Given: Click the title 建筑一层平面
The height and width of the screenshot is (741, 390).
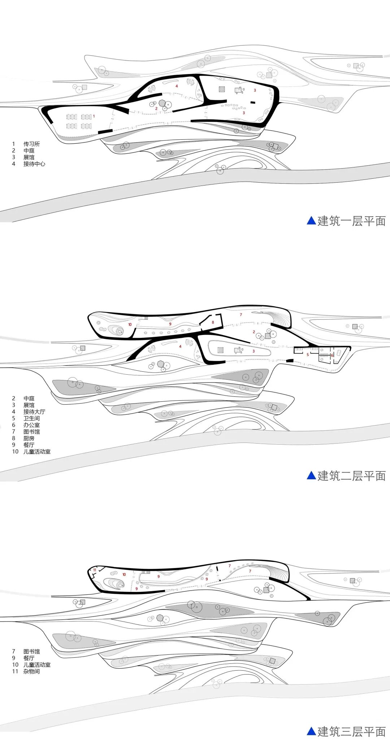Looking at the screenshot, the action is coord(351,221).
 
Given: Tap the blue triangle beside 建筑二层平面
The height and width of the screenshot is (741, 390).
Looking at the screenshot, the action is coord(311,475).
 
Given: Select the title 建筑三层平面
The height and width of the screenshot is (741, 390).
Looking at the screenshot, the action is coord(351,731).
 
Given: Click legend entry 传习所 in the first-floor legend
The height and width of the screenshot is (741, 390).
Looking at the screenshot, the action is coord(31,144).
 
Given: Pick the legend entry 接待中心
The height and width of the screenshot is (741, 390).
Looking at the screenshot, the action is coord(34,164).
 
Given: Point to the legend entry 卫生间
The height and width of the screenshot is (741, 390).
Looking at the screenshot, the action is coord(31,418).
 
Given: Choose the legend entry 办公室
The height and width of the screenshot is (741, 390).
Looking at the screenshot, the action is coord(31,425).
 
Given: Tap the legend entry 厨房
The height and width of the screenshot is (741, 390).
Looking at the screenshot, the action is coord(29,439).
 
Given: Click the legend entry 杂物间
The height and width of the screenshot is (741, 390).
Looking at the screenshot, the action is coord(31,671).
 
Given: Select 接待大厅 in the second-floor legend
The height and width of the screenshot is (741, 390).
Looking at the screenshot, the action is coord(34,412).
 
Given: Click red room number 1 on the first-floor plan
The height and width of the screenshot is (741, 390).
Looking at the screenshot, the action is coord(94,116).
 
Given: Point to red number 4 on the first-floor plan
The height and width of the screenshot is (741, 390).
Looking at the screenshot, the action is coord(177,86).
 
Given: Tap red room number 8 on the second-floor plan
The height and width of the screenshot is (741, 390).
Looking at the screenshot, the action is coord(213,322).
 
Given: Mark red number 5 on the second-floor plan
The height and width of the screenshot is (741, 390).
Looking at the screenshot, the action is coord(308,355).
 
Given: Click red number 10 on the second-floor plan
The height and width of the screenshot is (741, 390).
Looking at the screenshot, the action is coord(130,324).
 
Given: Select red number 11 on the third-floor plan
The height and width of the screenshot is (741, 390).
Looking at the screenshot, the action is coord(95,570).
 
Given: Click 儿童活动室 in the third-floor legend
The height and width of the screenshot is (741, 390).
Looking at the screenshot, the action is coord(37,665).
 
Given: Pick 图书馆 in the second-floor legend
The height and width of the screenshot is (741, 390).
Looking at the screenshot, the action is coord(31,432).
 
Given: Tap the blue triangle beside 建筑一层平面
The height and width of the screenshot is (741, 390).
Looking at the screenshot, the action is coord(311,221).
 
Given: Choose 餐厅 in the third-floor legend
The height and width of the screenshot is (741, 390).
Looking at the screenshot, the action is coord(29,658).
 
